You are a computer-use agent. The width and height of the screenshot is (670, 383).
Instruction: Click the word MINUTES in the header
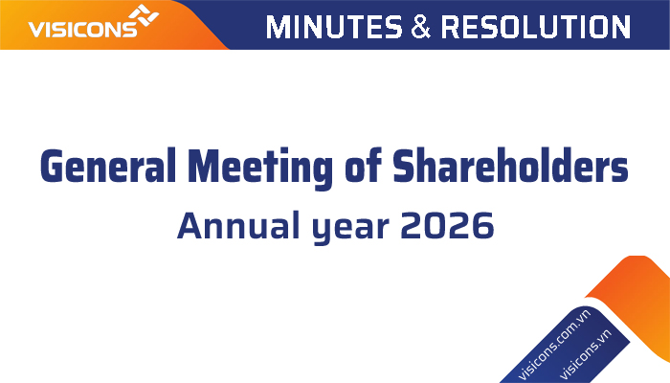(x=334, y=27)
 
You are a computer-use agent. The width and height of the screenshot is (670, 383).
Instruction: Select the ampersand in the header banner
(x=421, y=27)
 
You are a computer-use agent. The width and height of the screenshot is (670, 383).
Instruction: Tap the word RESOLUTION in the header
(x=535, y=27)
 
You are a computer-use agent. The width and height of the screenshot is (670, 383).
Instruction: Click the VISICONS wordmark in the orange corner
(x=82, y=29)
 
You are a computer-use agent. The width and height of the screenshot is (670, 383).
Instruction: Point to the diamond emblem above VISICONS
(x=144, y=15)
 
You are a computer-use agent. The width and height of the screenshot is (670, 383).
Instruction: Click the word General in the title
(x=108, y=166)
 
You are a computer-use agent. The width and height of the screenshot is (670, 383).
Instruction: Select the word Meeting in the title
(x=259, y=169)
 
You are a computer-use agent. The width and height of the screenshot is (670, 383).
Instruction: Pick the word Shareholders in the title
(x=510, y=166)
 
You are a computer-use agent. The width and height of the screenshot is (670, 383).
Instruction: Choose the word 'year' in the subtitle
(x=350, y=229)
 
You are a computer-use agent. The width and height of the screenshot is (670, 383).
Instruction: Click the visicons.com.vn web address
(x=554, y=345)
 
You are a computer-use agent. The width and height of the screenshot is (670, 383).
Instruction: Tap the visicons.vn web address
(x=585, y=354)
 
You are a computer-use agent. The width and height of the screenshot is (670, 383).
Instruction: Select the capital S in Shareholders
(x=404, y=166)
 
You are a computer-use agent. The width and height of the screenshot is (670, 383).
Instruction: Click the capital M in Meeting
(x=203, y=166)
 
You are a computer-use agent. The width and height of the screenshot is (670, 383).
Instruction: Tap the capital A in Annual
(x=190, y=225)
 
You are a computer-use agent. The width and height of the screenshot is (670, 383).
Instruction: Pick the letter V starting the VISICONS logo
(x=36, y=30)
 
